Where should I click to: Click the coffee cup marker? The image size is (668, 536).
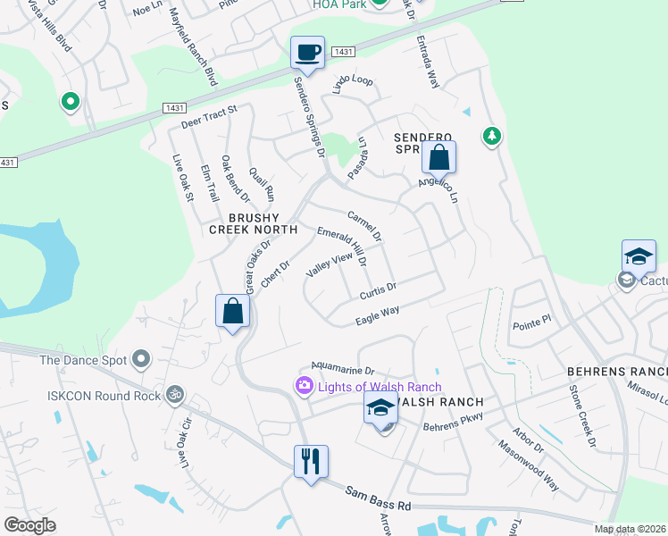coord(307,52)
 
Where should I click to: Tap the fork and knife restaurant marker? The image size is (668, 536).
coord(311,462)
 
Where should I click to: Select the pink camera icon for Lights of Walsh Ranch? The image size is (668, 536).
coord(304,385)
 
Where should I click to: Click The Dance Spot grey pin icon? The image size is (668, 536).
coord(140,360)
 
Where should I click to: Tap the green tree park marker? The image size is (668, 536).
coord(490,137)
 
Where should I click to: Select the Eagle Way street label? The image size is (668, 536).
coord(377,314)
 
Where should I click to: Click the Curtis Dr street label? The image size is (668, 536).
coord(378,292)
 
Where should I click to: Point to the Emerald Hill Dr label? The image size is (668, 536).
coord(342,246)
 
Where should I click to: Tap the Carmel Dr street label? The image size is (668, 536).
coord(364,225)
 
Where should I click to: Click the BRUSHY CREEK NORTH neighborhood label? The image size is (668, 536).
coord(252,223)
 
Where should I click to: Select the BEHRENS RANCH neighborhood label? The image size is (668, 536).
coord(617,371)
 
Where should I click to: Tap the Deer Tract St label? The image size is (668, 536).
coord(210,115)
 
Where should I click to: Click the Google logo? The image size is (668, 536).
coord(30,525)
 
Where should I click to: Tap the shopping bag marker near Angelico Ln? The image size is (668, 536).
coord(438,157)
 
